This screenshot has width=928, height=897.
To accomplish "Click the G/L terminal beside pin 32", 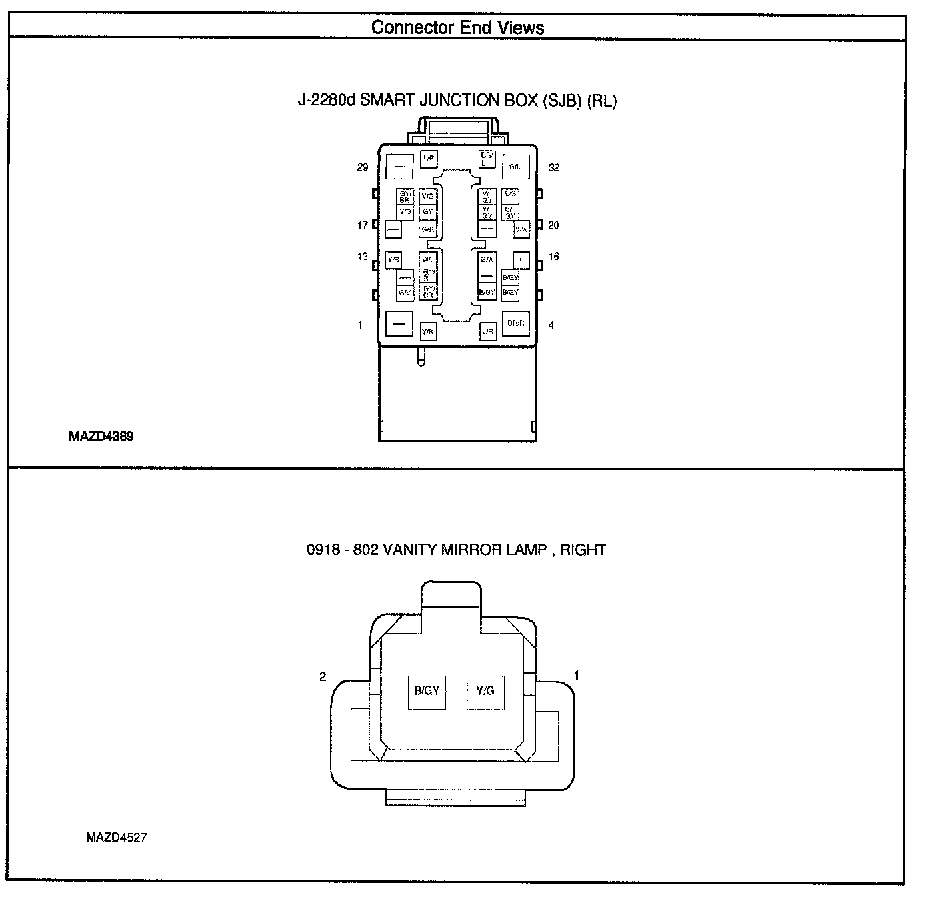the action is point(515,167).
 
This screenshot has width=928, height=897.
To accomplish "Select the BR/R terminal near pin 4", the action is point(515,323).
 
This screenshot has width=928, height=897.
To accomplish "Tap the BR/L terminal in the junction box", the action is point(487,159).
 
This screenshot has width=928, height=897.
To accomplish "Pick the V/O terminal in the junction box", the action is point(428,197).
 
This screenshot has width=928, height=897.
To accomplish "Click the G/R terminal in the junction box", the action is point(428,229).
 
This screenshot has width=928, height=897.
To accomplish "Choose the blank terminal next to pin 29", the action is point(399,167).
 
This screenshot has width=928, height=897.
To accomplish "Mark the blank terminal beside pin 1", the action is point(399,324).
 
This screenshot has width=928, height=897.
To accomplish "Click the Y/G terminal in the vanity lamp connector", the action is point(485,691).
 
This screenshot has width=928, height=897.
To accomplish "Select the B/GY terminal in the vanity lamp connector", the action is point(427,691).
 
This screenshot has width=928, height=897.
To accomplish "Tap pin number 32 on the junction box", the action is point(554,167).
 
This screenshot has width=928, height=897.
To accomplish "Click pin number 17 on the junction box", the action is point(362,225).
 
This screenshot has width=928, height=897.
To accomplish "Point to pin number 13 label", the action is point(362,257).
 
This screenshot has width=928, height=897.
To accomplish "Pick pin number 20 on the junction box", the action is point(553,225).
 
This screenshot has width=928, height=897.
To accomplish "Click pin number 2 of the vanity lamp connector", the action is point(323,676).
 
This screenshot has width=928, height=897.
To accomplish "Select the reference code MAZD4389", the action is point(101,437).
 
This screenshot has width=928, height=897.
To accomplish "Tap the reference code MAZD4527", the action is point(116,838).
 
